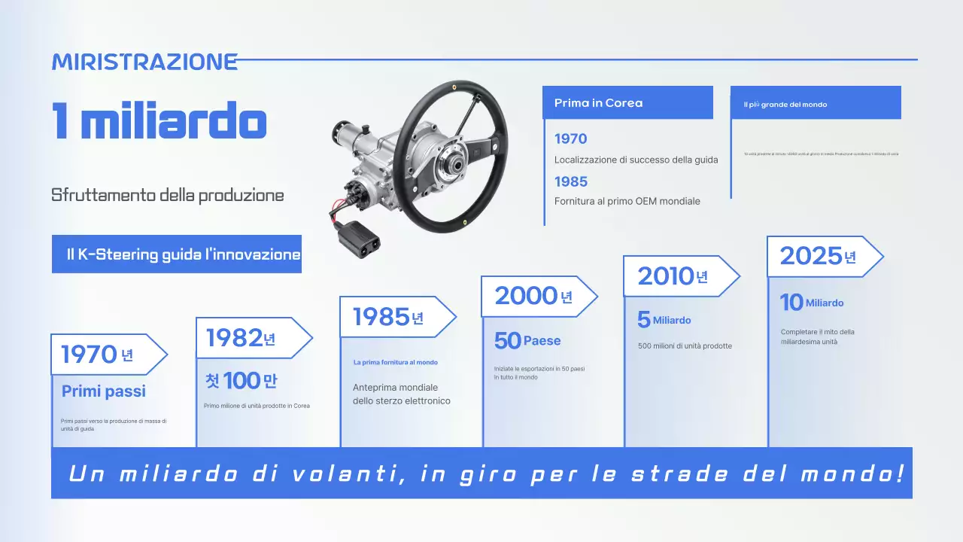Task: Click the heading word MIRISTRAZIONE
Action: (x=144, y=62)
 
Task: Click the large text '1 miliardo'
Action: (x=159, y=120)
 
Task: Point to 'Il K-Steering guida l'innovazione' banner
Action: (x=177, y=254)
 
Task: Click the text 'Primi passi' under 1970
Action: (x=104, y=391)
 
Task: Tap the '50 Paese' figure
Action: (x=527, y=341)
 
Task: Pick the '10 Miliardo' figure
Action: (x=812, y=303)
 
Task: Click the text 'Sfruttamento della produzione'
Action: (x=168, y=195)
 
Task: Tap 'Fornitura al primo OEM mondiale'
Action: (x=627, y=201)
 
